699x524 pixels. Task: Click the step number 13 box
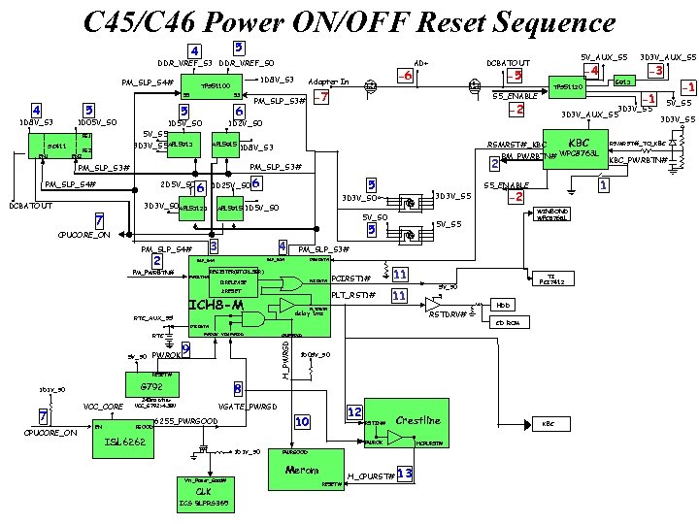405,473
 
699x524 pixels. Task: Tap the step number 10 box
302,421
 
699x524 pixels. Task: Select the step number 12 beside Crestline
354,411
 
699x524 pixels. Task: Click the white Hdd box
503,304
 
